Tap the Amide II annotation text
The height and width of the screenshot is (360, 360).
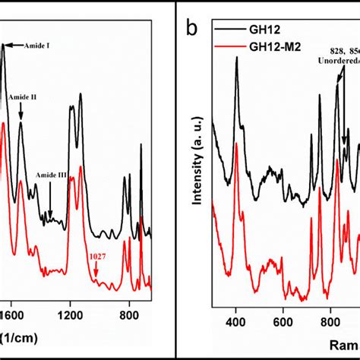click(x=23, y=97)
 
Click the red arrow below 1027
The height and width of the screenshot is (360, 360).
click(x=96, y=270)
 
